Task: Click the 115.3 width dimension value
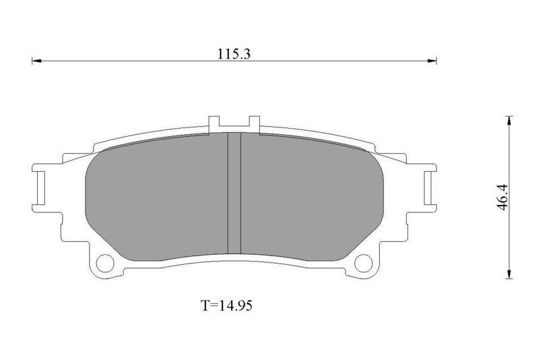[x=234, y=54]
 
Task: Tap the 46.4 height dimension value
[x=502, y=197]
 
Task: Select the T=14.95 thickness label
[x=226, y=305]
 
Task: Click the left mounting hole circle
[x=105, y=264]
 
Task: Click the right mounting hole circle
[x=363, y=264]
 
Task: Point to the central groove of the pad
[x=234, y=193]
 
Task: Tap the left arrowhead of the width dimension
[x=37, y=61]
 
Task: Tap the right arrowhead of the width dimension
[x=432, y=61]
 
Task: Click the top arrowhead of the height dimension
[x=509, y=121]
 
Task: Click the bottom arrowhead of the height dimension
[x=509, y=274]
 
